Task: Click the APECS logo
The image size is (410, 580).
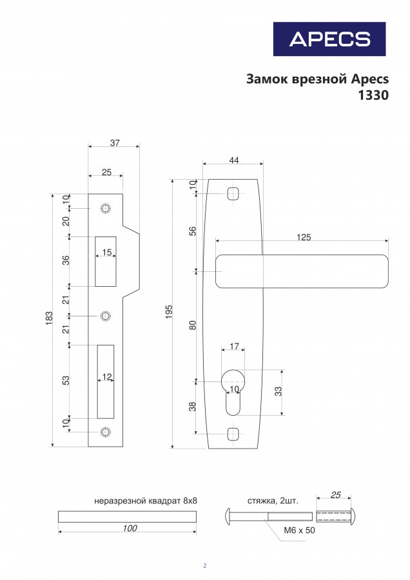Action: tap(329, 39)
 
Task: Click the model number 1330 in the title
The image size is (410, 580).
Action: tap(373, 95)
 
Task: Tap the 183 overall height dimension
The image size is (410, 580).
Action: tap(49, 318)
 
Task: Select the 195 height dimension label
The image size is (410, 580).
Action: tap(169, 312)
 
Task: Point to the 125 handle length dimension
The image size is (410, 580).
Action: tap(304, 237)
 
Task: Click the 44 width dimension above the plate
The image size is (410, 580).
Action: tap(234, 160)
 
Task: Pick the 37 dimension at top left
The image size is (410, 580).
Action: tap(115, 142)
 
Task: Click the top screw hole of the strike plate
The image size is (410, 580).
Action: tap(106, 208)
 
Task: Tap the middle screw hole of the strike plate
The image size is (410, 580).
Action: tap(106, 316)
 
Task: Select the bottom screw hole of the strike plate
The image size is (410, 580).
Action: tap(106, 432)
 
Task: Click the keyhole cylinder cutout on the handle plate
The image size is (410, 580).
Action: tap(233, 391)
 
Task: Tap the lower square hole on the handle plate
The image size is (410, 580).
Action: tap(233, 433)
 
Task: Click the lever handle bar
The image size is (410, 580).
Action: tap(302, 271)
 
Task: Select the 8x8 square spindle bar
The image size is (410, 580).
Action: tap(127, 517)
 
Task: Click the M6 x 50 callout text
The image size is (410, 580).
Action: tap(299, 530)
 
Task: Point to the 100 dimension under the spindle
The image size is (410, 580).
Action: tap(130, 528)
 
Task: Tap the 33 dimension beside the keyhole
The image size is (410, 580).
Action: tap(278, 391)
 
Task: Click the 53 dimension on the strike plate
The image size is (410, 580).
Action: tap(66, 380)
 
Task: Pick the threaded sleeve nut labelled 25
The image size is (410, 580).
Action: tap(337, 516)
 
